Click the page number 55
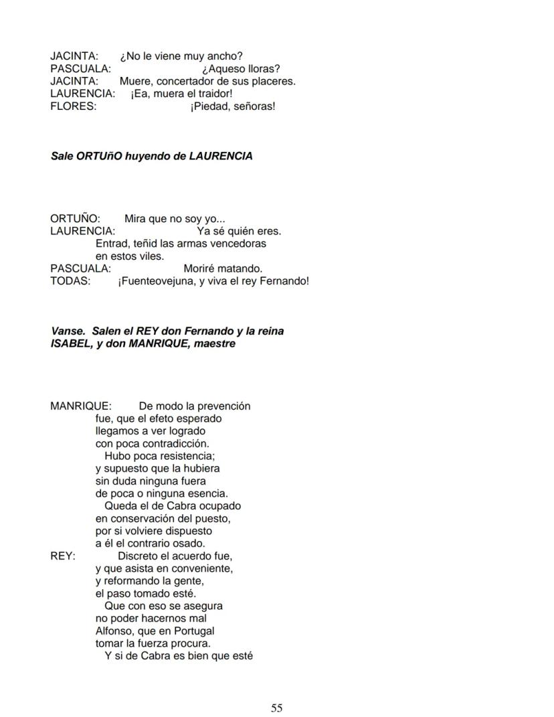[276, 708]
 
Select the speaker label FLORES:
[73, 106]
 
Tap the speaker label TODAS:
[70, 281]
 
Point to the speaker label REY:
[63, 556]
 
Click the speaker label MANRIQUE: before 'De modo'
[81, 406]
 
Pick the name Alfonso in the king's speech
[113, 631]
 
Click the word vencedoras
[236, 244]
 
